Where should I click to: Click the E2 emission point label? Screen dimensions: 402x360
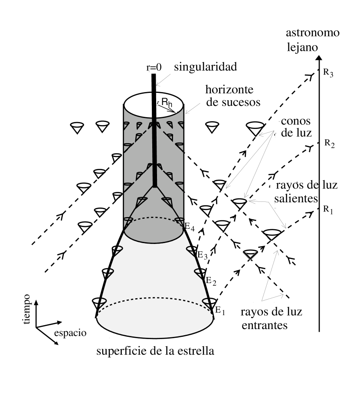click(x=211, y=281)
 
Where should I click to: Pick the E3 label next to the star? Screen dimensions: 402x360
click(x=203, y=255)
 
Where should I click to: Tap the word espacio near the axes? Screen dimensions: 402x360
click(x=70, y=333)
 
